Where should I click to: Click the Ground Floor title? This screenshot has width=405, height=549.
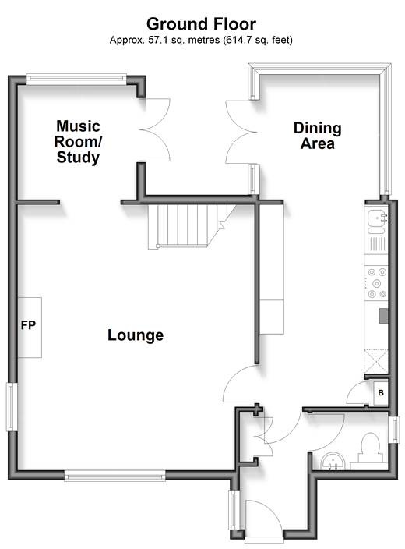click(201, 24)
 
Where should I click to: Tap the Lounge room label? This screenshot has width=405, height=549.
click(136, 335)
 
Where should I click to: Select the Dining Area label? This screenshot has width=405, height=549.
click(318, 136)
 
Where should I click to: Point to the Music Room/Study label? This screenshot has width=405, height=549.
click(78, 141)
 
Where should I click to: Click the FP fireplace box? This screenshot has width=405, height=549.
click(30, 328)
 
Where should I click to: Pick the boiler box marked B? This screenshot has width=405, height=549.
click(381, 392)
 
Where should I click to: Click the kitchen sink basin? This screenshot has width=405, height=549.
click(376, 218)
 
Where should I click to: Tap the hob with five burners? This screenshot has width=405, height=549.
click(376, 283)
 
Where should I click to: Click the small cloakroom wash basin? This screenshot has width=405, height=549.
click(333, 461)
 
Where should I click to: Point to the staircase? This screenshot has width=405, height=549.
click(192, 226)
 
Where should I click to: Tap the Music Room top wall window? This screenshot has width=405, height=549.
click(76, 79)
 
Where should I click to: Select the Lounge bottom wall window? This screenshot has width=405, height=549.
click(114, 476)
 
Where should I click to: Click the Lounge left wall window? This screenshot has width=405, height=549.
click(12, 407)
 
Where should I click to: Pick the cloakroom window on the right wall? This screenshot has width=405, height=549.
click(394, 430)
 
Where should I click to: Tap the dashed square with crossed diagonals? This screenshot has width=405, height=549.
click(376, 361)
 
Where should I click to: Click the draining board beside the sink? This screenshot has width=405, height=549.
click(376, 244)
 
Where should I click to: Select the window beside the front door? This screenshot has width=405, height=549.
click(234, 509)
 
